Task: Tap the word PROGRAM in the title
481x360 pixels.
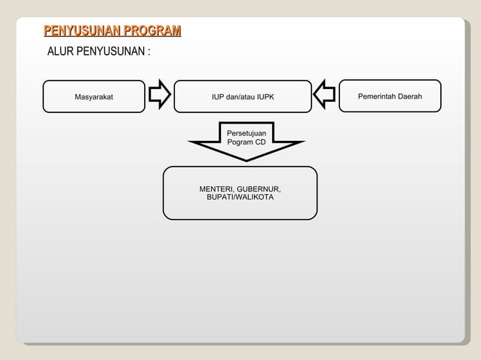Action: click(x=152, y=31)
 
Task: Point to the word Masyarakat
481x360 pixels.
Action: click(x=94, y=97)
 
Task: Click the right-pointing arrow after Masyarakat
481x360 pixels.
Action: click(x=159, y=96)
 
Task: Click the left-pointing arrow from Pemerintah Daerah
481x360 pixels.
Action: click(x=324, y=96)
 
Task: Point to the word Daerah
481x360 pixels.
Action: click(x=409, y=96)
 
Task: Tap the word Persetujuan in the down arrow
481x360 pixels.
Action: click(x=246, y=133)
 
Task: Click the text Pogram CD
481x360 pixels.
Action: click(x=246, y=142)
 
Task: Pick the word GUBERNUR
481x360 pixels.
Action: click(x=260, y=188)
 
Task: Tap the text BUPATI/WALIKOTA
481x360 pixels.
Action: click(x=240, y=197)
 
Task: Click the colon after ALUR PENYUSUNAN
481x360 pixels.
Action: click(x=149, y=53)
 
